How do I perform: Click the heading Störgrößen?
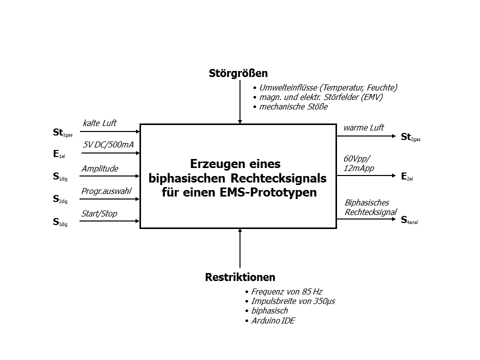point(238,73)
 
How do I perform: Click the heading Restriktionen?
point(240,277)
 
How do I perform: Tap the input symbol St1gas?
point(62,132)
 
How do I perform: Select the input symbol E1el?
point(59,154)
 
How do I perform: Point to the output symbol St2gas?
point(410,137)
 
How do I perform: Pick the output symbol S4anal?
point(409,220)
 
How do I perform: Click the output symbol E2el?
point(407,176)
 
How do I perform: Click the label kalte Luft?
point(99,123)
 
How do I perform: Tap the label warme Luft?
point(363,127)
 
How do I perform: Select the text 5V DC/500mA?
point(108,144)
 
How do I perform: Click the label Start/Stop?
point(99,213)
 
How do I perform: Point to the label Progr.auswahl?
point(106,191)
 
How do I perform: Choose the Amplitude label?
point(100,168)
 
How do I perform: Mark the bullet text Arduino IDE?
point(273,321)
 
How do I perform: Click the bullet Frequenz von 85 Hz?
point(286,291)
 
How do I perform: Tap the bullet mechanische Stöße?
point(293,107)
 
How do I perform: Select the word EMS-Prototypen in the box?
point(268,192)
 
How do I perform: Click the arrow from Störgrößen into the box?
point(240,102)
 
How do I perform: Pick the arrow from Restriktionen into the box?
point(240,248)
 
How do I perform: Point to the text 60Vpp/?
point(357,158)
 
